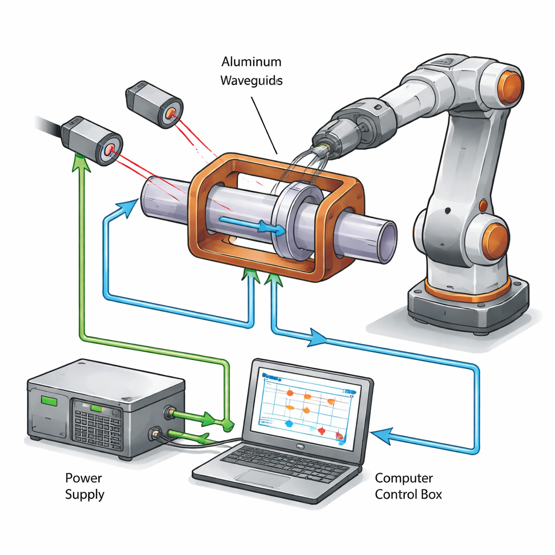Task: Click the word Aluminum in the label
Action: pyautogui.click(x=251, y=62)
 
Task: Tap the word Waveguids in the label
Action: pyautogui.click(x=251, y=81)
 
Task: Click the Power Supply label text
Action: pyautogui.click(x=85, y=486)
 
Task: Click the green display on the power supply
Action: pyautogui.click(x=49, y=401)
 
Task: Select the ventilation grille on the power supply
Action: pyautogui.click(x=98, y=429)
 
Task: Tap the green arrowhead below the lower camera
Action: pyautogui.click(x=80, y=159)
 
